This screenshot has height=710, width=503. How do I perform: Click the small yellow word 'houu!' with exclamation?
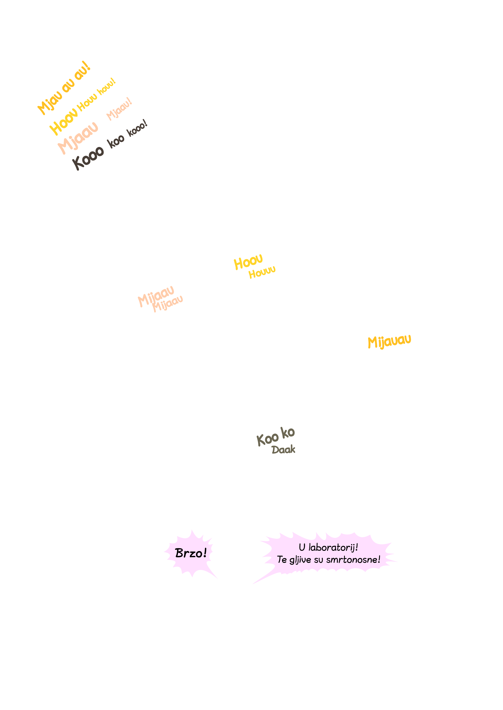point(107,87)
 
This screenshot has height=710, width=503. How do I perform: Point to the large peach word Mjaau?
point(78,138)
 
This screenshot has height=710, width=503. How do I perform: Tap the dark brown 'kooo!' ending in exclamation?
point(137,128)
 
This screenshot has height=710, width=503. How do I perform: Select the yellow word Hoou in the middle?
point(248,262)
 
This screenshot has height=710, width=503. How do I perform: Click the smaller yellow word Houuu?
point(262,272)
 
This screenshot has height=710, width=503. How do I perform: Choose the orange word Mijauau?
point(389,342)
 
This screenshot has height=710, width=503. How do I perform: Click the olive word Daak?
point(283,450)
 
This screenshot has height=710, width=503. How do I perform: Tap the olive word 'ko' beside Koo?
point(288,432)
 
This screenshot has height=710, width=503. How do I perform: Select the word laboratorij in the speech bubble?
point(331,547)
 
